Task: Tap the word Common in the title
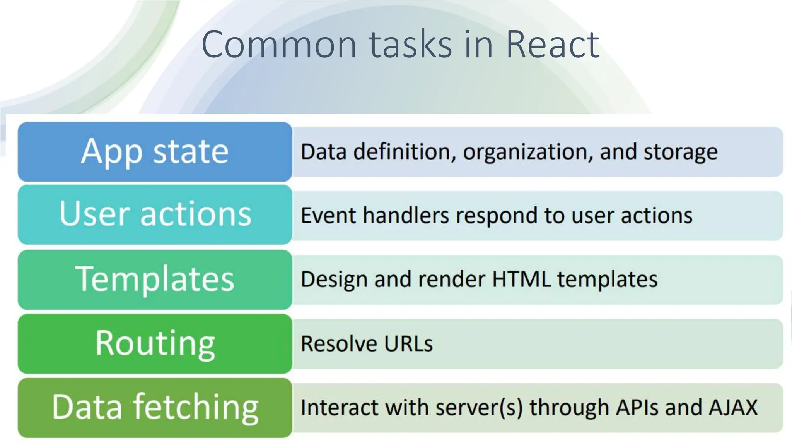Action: (x=278, y=45)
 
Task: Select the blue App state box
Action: (x=155, y=151)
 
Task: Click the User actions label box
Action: (x=155, y=214)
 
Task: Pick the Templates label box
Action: (x=155, y=279)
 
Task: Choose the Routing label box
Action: (x=155, y=343)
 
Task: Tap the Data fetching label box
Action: (x=155, y=407)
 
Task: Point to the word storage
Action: (x=681, y=152)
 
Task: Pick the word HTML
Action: (x=521, y=279)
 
